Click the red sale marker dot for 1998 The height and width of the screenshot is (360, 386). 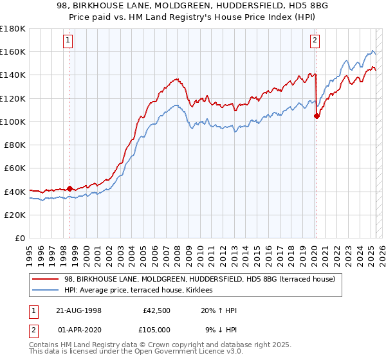(69, 188)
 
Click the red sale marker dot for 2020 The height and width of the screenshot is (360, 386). (317, 116)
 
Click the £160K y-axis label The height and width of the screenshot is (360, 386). (14, 51)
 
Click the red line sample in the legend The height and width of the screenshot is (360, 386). (46, 279)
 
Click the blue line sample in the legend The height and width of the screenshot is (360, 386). (46, 291)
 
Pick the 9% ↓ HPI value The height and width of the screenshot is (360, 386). (219, 329)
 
